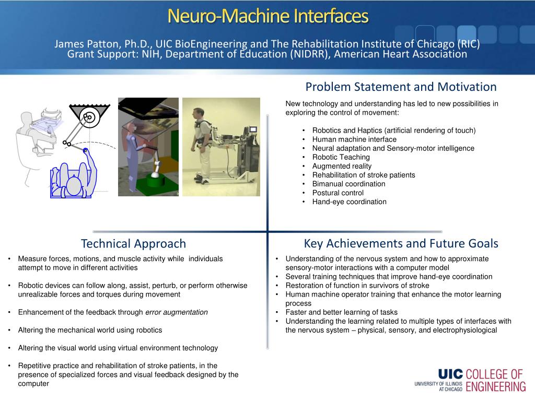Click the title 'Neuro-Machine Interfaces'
pyautogui.click(x=268, y=16)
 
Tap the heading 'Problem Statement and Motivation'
pyautogui.click(x=401, y=87)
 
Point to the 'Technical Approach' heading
pyautogui.click(x=133, y=244)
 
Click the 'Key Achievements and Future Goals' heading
pyautogui.click(x=401, y=243)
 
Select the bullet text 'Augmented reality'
pyautogui.click(x=342, y=166)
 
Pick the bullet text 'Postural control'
pyautogui.click(x=338, y=193)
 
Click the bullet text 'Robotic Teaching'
pyautogui.click(x=341, y=157)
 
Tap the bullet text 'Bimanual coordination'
pyautogui.click(x=348, y=184)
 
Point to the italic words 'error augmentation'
pyautogui.click(x=177, y=312)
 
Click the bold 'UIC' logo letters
pyautogui.click(x=450, y=374)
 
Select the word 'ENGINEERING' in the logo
pyautogui.click(x=496, y=387)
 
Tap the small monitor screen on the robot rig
pyautogui.click(x=253, y=129)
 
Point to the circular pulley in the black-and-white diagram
pyautogui.click(x=90, y=118)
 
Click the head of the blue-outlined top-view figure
pyautogui.click(x=73, y=185)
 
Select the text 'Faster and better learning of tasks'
pyautogui.click(x=342, y=312)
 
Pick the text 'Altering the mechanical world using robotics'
pyautogui.click(x=90, y=330)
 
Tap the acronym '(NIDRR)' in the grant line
pyautogui.click(x=310, y=54)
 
